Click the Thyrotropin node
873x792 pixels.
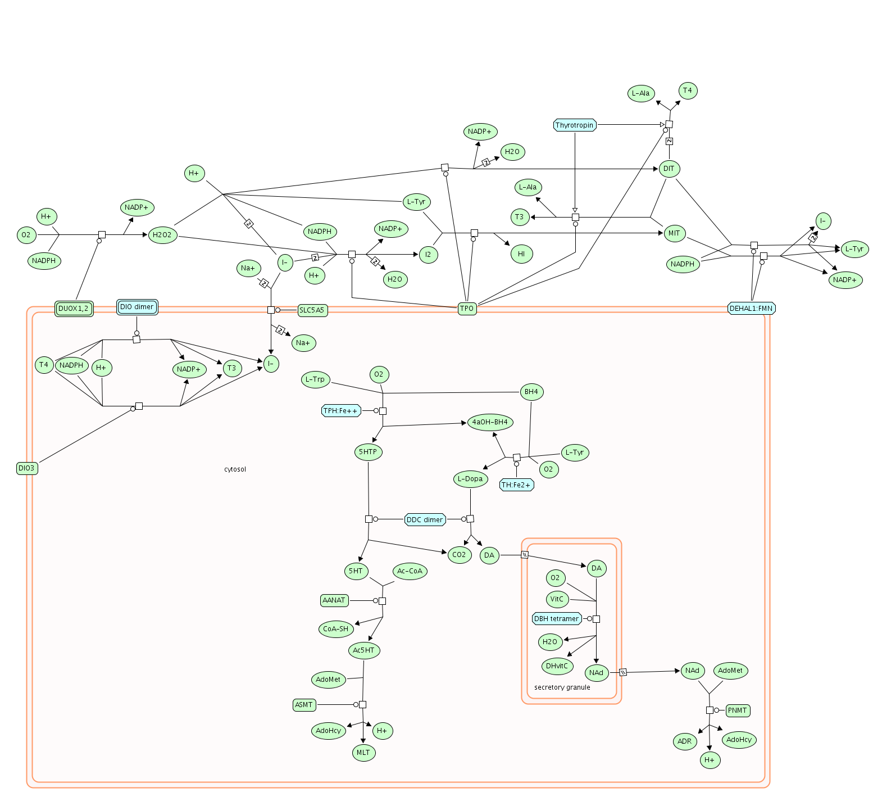tap(575, 125)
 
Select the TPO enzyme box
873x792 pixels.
tap(467, 309)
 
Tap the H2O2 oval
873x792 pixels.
tap(162, 234)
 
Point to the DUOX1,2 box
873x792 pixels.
tap(74, 309)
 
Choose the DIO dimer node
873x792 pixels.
tap(137, 307)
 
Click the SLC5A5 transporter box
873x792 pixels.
tap(312, 310)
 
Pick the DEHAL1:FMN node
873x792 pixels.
tap(751, 308)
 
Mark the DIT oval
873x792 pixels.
tap(669, 169)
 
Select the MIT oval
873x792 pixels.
tap(674, 233)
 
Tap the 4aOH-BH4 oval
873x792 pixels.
tap(490, 422)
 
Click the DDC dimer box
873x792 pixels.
tap(425, 519)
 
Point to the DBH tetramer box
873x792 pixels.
tap(556, 619)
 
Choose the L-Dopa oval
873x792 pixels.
tap(470, 479)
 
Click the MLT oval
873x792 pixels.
tap(363, 753)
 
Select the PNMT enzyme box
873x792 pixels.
tap(738, 710)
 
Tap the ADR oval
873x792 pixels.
tap(685, 741)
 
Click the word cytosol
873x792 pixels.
tap(235, 469)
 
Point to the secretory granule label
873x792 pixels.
tap(562, 687)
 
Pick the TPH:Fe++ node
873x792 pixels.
tap(341, 411)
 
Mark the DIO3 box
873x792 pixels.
tap(27, 468)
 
